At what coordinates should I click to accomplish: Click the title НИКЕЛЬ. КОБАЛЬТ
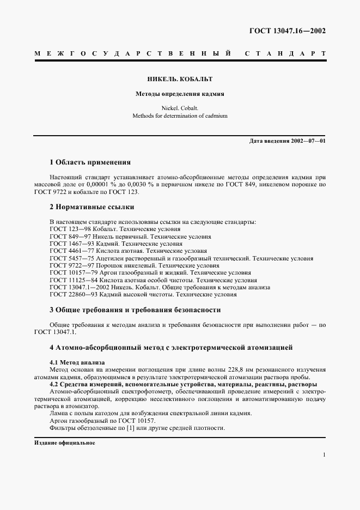[180, 80]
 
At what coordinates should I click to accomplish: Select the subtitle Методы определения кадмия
[180, 94]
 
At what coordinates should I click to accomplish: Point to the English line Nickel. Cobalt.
[180, 108]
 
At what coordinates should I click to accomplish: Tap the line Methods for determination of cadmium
[180, 116]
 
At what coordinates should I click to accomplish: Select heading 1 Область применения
[90, 162]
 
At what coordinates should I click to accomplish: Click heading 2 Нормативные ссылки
[91, 207]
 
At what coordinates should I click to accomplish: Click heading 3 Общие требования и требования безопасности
[135, 309]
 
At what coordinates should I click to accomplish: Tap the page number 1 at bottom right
[324, 454]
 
